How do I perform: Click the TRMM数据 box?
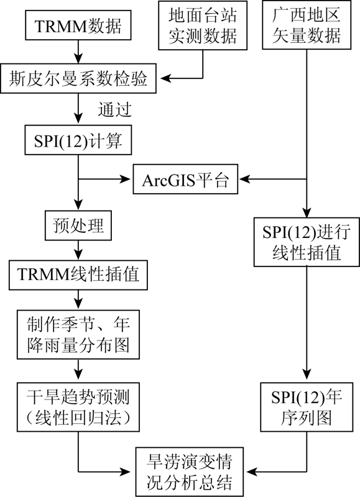(x=78, y=25)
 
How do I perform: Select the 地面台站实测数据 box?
(x=203, y=25)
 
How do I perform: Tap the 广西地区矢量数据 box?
(x=307, y=25)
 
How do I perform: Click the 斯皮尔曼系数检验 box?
(x=78, y=78)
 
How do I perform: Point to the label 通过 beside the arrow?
(x=114, y=110)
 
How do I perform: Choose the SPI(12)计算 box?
(x=78, y=140)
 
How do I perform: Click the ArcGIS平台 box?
(x=185, y=179)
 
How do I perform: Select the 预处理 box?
(x=78, y=226)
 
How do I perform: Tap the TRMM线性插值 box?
(x=78, y=275)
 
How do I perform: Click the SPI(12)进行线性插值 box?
(x=307, y=242)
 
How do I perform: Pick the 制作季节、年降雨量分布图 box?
(x=78, y=334)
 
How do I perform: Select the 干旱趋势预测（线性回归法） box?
(x=78, y=407)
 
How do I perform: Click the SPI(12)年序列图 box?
(x=307, y=407)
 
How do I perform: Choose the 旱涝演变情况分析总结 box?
(x=190, y=472)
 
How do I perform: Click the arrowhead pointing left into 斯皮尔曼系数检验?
(x=165, y=78)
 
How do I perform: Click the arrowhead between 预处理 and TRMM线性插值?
(x=78, y=254)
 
